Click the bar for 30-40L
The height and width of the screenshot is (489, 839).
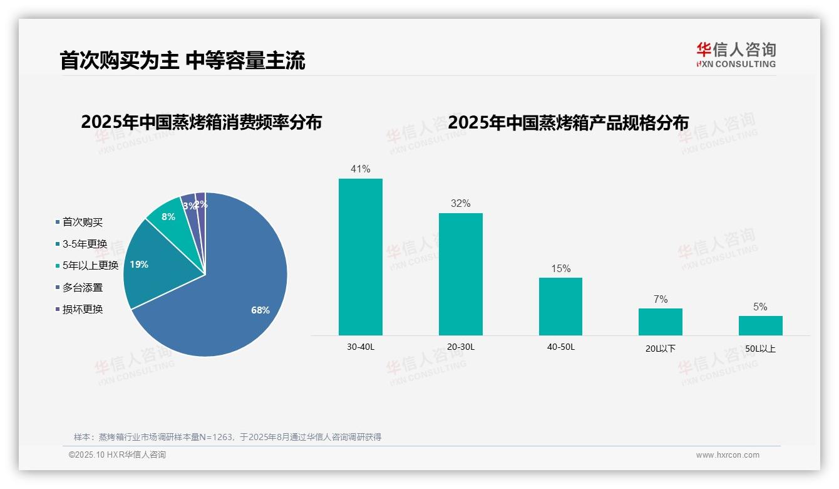[360, 257]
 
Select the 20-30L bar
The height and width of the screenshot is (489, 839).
[460, 274]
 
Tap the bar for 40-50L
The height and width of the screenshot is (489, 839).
[560, 306]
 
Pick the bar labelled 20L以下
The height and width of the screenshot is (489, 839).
[660, 322]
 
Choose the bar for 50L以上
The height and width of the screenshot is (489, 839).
[760, 325]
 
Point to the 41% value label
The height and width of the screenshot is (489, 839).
[360, 169]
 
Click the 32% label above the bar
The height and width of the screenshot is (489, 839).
[460, 203]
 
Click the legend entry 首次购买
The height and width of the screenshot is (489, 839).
[82, 222]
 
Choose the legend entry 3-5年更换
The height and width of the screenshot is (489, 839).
[85, 244]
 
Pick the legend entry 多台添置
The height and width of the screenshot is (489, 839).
[82, 288]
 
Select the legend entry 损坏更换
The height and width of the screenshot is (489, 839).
[82, 309]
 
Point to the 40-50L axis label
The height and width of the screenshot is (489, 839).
[560, 347]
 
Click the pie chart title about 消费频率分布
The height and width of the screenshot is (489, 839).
[201, 122]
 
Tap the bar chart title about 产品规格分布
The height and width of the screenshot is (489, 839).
[568, 122]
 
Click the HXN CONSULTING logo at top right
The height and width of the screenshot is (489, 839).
[736, 55]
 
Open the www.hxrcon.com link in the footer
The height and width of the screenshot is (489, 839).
[728, 455]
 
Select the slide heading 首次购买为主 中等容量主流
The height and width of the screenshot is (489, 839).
[182, 61]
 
